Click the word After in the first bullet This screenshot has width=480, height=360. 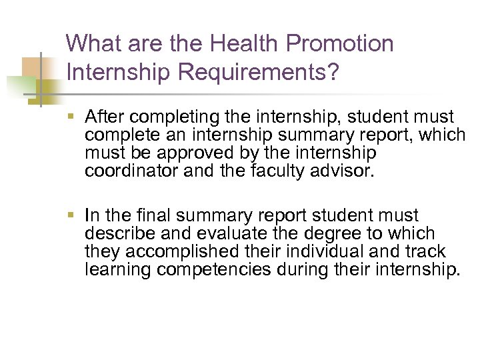[x=103, y=117]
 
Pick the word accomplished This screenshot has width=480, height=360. [x=173, y=251]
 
